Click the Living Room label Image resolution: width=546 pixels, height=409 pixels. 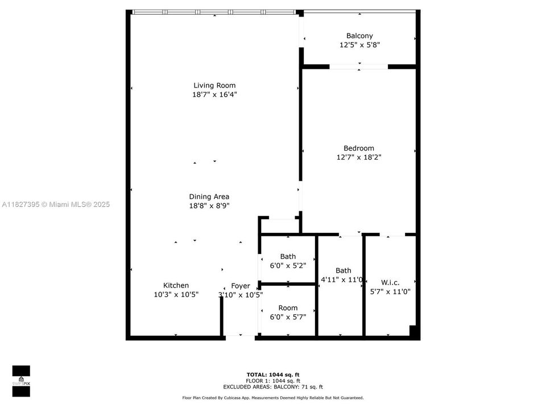(x=214, y=86)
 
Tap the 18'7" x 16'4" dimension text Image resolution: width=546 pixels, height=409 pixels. (x=214, y=95)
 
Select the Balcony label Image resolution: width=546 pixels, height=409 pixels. (x=359, y=36)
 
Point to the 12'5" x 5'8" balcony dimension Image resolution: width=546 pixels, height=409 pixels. (x=359, y=45)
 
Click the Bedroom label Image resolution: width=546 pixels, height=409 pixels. (x=358, y=148)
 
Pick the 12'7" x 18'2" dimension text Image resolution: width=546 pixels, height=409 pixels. (x=358, y=157)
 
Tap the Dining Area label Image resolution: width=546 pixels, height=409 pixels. (x=209, y=197)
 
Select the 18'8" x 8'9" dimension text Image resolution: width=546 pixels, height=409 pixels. (x=209, y=206)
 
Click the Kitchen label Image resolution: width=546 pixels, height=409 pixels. (x=176, y=285)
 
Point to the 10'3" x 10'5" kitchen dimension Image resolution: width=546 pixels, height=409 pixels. (x=176, y=294)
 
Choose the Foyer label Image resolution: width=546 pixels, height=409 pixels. (x=240, y=286)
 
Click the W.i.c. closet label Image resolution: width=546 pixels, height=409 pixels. (x=390, y=282)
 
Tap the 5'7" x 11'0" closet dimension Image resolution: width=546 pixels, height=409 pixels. (x=390, y=291)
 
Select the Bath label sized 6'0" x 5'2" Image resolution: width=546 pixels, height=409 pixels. (x=287, y=257)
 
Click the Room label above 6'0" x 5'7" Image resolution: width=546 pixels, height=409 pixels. (x=287, y=308)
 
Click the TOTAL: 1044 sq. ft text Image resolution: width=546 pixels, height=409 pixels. (x=273, y=374)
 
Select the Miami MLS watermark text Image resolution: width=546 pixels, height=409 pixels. (x=56, y=204)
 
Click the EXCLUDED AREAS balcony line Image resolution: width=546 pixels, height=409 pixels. (x=273, y=386)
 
